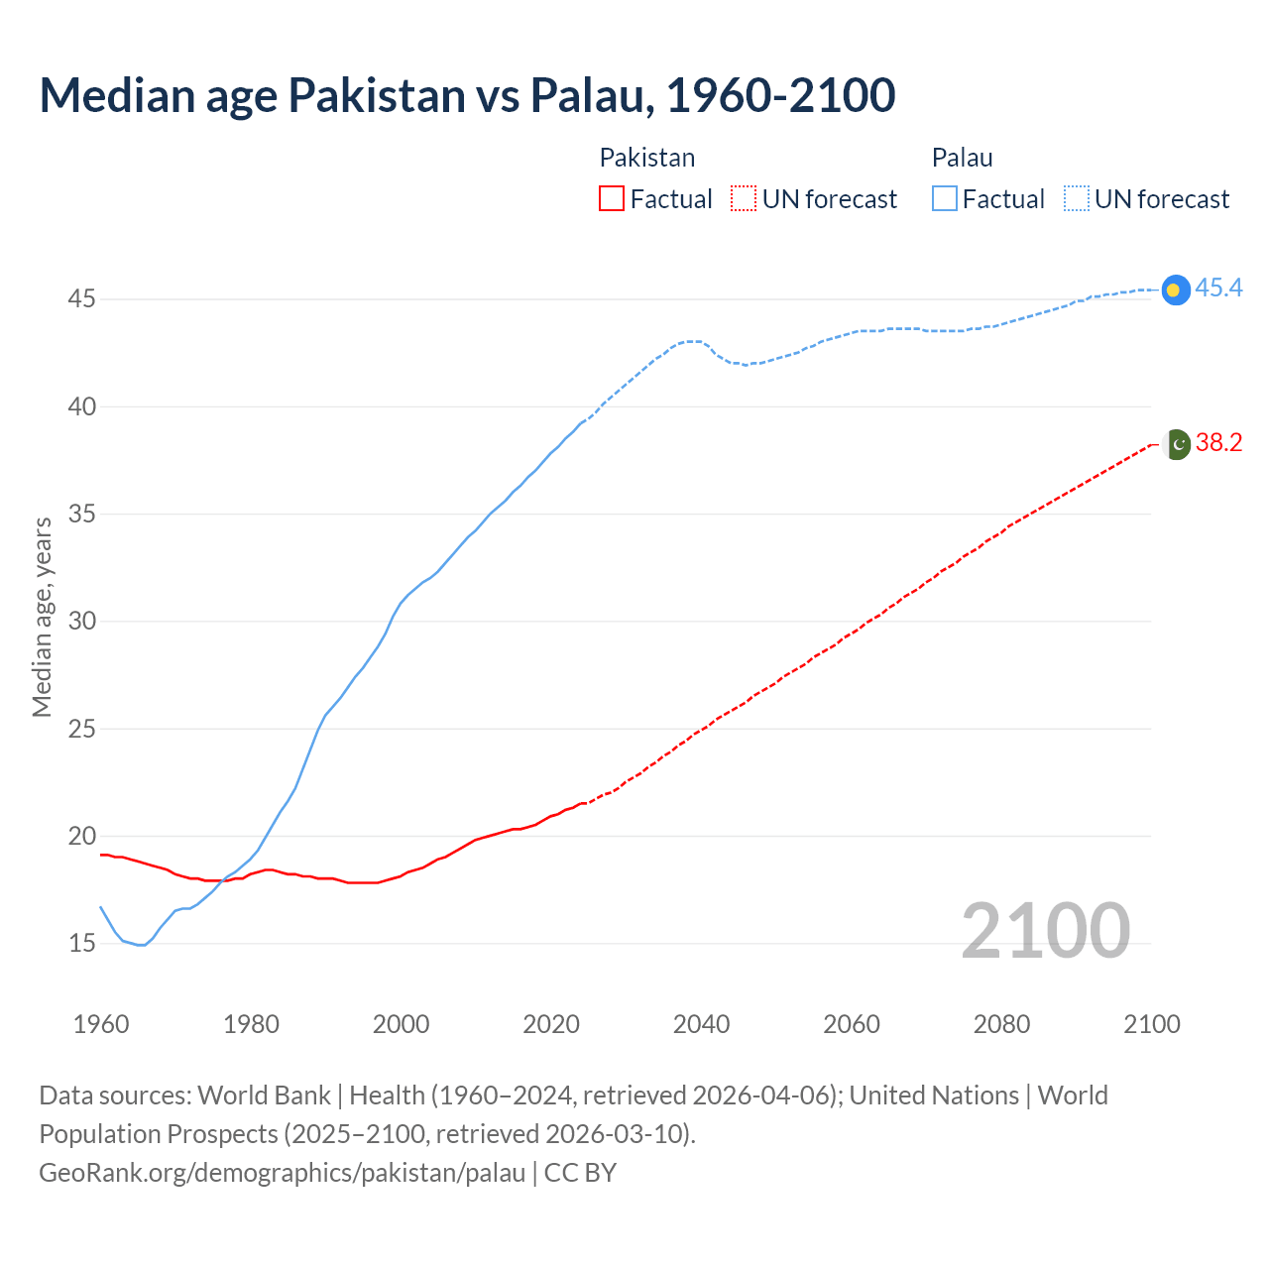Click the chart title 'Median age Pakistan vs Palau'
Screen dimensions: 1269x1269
[467, 95]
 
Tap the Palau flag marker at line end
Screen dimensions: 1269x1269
[1175, 289]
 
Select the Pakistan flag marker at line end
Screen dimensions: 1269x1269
[1176, 444]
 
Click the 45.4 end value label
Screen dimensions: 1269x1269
[1218, 288]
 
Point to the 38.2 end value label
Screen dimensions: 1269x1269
[1218, 442]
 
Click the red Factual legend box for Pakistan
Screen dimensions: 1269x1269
[612, 199]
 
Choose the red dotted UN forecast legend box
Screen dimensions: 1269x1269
[744, 199]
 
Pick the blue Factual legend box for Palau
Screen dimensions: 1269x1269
[945, 199]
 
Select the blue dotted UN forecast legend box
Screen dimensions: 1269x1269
[1077, 199]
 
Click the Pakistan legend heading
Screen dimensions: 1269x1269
[647, 158]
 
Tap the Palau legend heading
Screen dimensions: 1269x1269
[962, 158]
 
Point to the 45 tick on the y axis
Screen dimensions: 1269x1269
[81, 298]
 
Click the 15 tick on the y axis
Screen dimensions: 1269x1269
[81, 943]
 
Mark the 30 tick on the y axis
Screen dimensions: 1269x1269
[81, 621]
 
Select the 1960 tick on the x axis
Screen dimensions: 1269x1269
[101, 1024]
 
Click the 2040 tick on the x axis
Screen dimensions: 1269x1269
[701, 1024]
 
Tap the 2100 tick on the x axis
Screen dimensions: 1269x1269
[1151, 1024]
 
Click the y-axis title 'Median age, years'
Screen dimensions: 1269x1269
[42, 617]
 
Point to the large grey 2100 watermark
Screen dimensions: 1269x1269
[1045, 930]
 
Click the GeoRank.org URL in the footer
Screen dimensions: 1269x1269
[282, 1173]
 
